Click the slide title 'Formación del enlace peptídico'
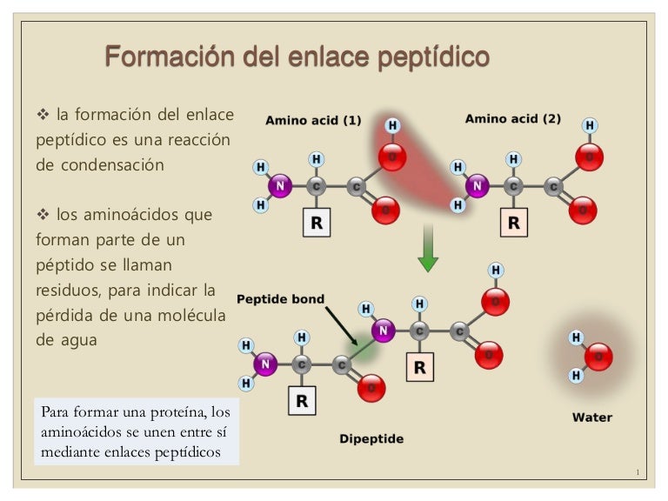tap(297, 57)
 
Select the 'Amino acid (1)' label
tap(313, 120)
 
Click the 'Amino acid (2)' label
tap(513, 118)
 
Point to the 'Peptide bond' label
tap(280, 299)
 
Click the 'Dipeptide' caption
tap(371, 438)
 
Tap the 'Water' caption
tap(591, 417)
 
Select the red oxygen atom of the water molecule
tap(598, 357)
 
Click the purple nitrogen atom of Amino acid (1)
tap(280, 185)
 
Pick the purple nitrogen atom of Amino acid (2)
tap(476, 184)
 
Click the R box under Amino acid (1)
tap(316, 224)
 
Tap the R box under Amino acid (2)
tap(513, 223)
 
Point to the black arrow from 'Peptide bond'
tap(341, 327)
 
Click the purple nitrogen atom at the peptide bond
tap(384, 330)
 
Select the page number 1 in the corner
tap(638, 472)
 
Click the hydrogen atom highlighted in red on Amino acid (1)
tap(392, 126)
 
